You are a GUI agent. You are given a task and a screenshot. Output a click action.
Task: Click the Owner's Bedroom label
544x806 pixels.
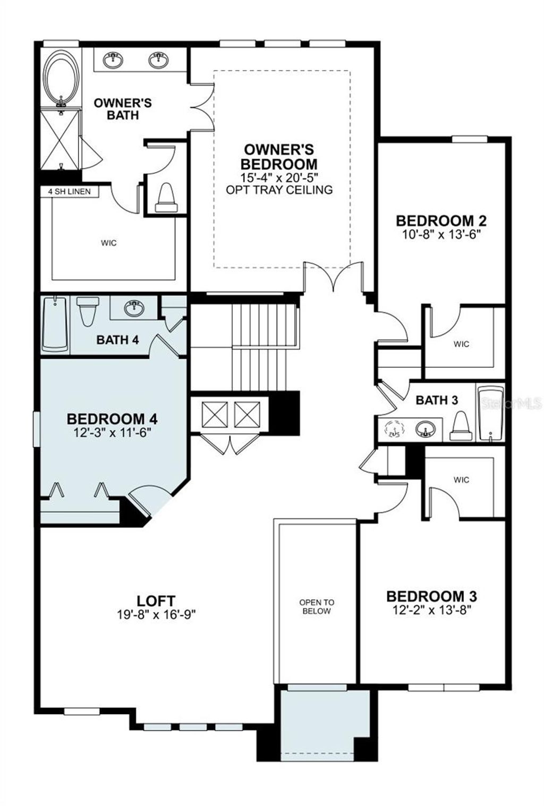coord(279,157)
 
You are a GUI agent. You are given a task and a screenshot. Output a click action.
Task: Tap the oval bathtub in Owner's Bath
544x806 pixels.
coord(62,78)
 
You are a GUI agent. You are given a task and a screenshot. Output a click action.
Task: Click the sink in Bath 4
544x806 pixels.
coord(133,307)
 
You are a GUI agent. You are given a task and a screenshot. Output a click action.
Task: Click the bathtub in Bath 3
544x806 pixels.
coord(490,413)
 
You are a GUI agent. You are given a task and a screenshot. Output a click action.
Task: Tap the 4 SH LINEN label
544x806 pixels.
coord(70,191)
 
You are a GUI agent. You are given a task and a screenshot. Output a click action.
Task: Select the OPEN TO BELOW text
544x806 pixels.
coord(317,607)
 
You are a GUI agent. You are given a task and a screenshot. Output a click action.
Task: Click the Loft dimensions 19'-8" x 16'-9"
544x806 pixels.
coord(156,615)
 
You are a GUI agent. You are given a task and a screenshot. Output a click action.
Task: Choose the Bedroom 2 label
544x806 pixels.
coord(441,220)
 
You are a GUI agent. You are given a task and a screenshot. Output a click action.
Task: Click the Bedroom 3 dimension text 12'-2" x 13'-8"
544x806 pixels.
coord(431,610)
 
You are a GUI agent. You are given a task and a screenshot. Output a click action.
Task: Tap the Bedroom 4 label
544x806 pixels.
coord(112,419)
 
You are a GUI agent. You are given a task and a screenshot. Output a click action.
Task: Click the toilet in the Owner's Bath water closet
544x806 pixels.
coord(167,198)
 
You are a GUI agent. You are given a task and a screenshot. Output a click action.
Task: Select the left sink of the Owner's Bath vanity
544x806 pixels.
coord(113,60)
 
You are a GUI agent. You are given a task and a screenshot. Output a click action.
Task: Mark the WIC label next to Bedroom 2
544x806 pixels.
coord(461,344)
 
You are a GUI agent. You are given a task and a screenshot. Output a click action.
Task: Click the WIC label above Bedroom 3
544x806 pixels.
coord(461,480)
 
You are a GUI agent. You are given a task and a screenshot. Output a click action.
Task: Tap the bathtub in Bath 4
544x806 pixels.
coord(55,324)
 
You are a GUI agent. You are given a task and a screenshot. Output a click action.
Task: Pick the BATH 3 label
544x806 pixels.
coord(437,400)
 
